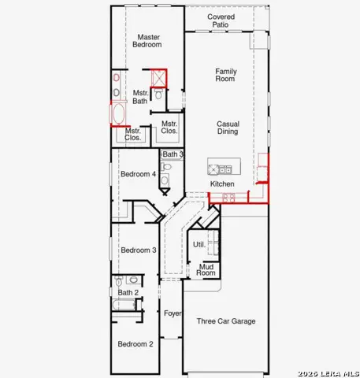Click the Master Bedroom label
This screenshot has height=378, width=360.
click(147, 41)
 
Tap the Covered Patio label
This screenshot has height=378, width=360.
click(221, 20)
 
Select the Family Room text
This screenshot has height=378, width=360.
click(226, 75)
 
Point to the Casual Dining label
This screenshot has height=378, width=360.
click(228, 128)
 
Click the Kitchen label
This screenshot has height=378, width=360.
click(222, 184)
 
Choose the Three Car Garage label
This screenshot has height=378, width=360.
click(226, 321)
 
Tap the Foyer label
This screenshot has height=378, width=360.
click(173, 313)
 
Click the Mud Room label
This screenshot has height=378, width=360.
click(206, 270)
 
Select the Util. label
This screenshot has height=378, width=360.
click(199, 245)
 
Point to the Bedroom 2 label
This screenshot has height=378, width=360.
click(135, 344)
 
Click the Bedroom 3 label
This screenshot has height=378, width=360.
click(139, 250)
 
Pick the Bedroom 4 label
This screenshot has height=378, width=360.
click(138, 174)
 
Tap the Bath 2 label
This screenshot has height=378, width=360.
click(128, 292)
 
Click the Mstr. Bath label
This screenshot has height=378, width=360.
click(140, 97)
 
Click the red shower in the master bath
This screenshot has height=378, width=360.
click(159, 78)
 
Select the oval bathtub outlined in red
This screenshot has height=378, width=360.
click(118, 114)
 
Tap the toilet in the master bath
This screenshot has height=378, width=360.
click(158, 94)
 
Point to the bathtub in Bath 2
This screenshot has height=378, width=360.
click(124, 305)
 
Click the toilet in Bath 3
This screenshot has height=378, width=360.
click(165, 166)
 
